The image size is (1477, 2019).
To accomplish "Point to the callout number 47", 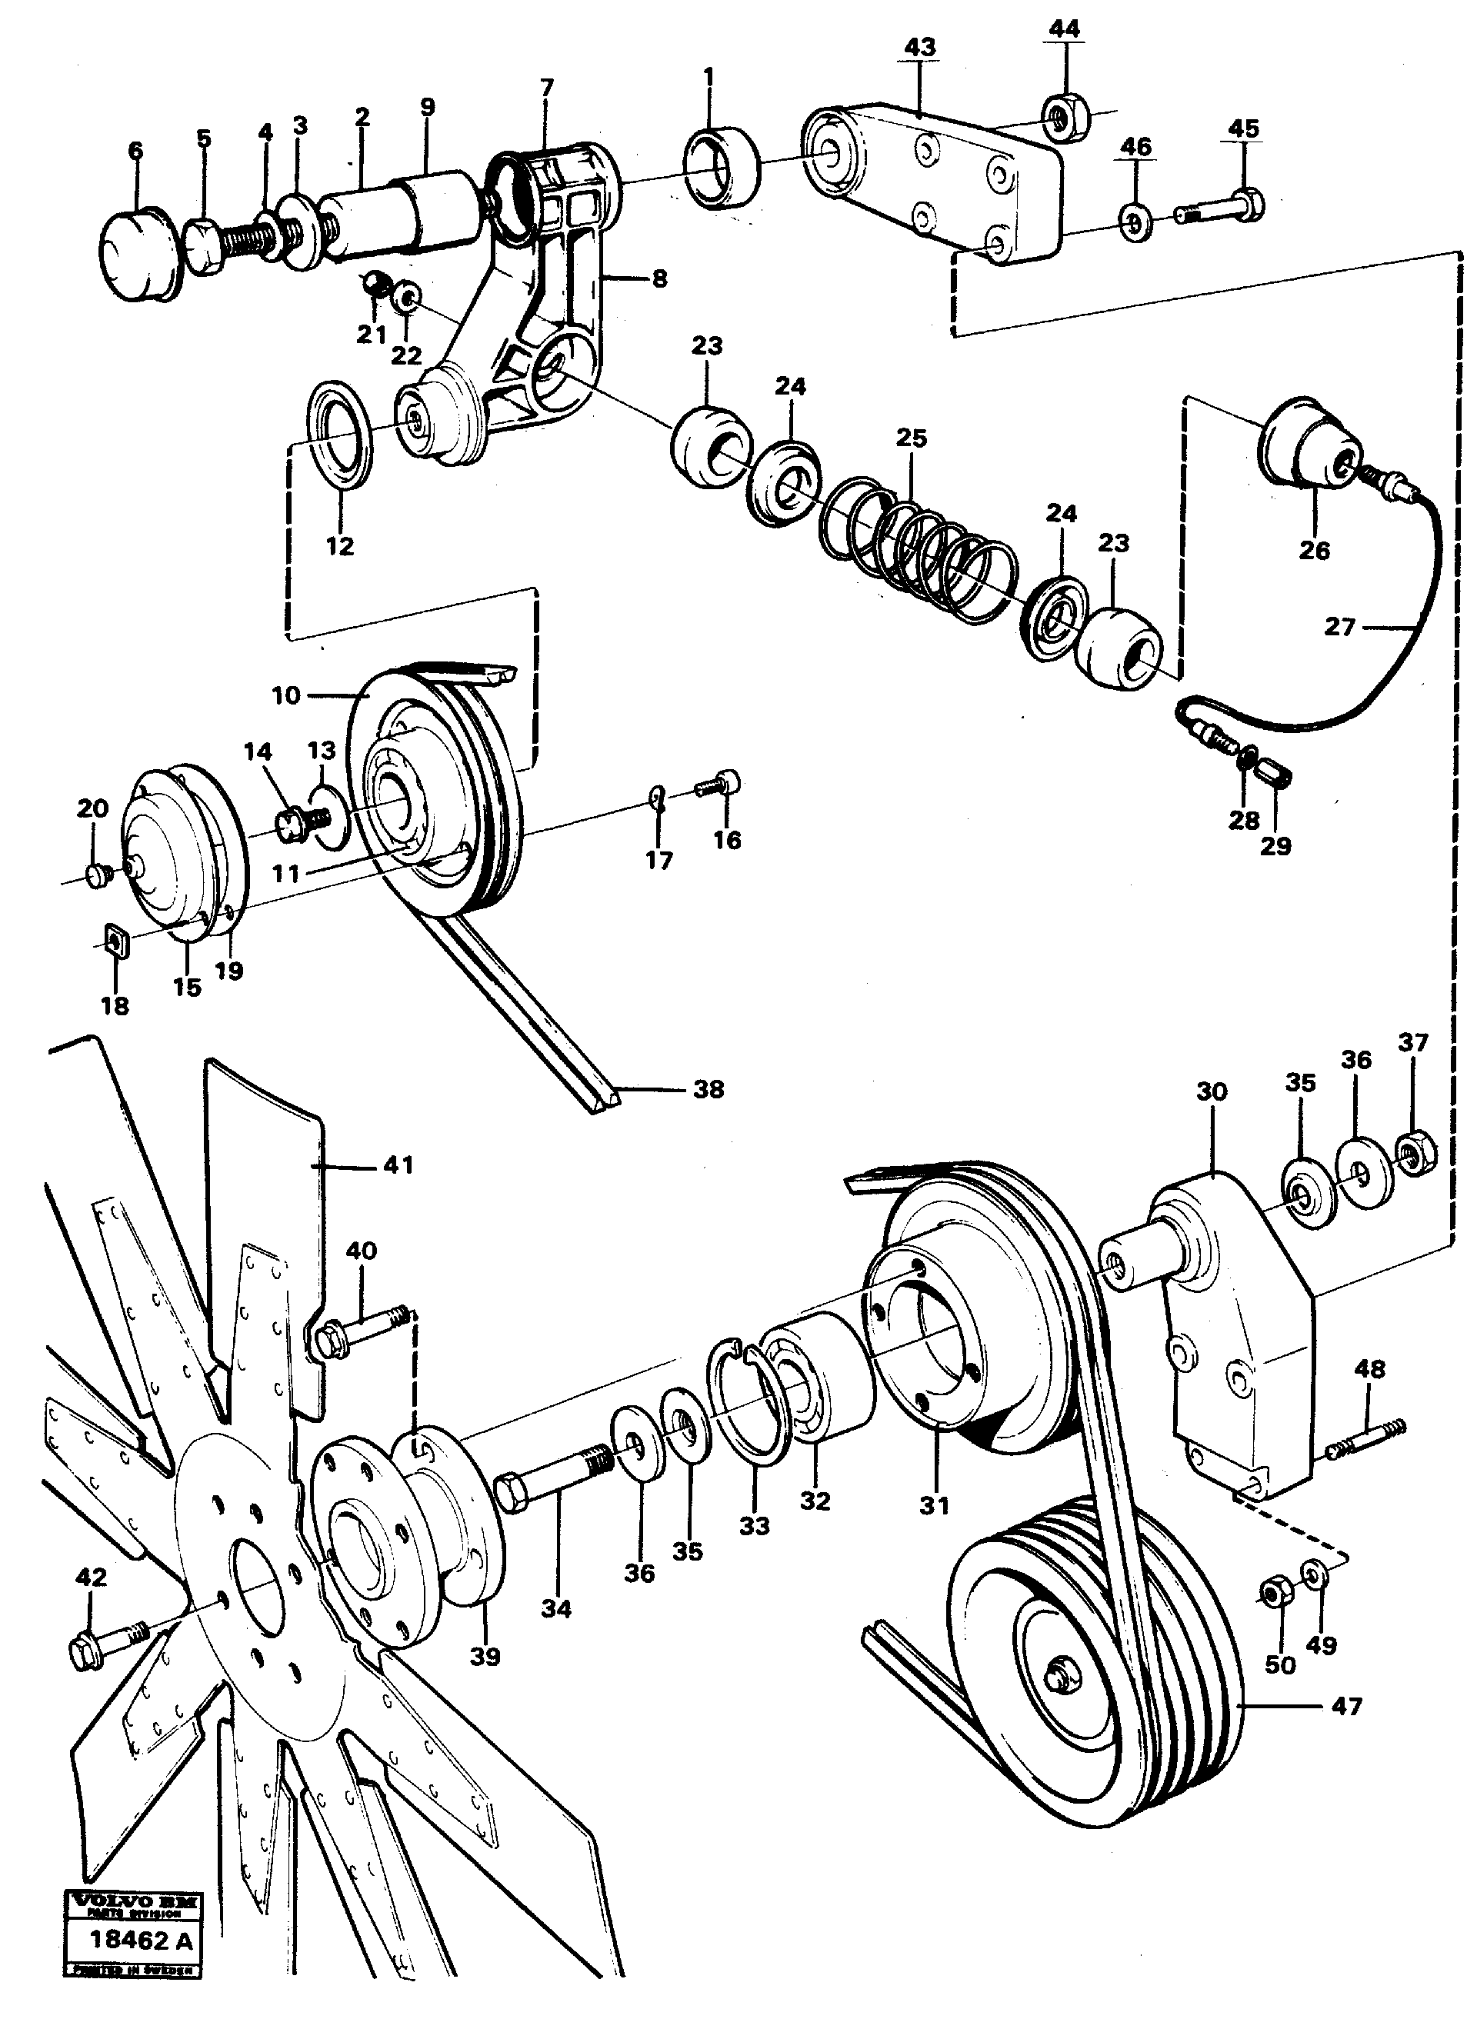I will (1346, 1706).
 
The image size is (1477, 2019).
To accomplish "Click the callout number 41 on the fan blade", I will (398, 1164).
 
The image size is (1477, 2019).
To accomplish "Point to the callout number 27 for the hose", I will (1339, 627).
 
